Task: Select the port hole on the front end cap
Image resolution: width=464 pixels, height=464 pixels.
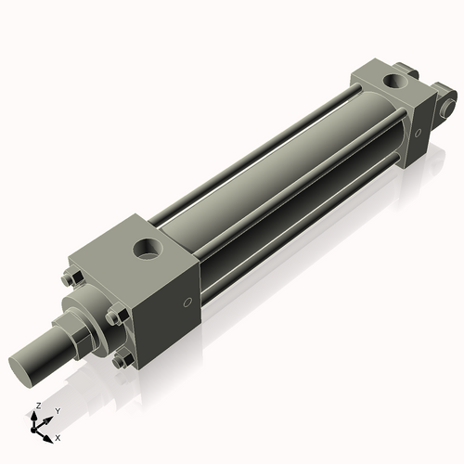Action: pyautogui.click(x=148, y=248)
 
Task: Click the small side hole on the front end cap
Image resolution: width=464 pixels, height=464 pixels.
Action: pyautogui.click(x=187, y=301)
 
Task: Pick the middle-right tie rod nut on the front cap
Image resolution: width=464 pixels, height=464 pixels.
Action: pyautogui.click(x=114, y=317)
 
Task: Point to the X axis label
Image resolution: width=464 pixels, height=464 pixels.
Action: pyautogui.click(x=58, y=436)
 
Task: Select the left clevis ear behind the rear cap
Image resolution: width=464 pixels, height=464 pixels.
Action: pyautogui.click(x=403, y=69)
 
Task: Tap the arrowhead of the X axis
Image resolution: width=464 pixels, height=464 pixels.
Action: pyautogui.click(x=51, y=435)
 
